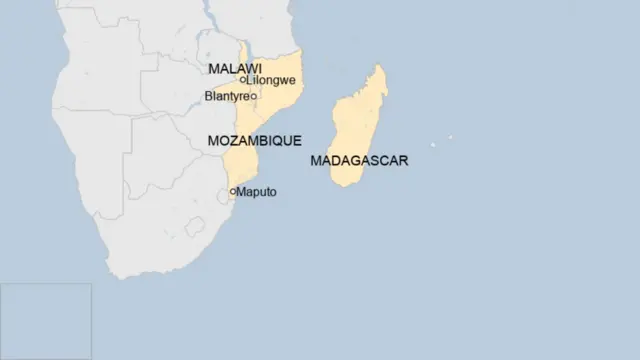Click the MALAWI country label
pyautogui.click(x=229, y=68)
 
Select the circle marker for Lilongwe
pyautogui.click(x=243, y=80)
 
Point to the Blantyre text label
pyautogui.click(x=226, y=96)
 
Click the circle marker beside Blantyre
pyautogui.click(x=254, y=96)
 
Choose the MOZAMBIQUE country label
pyautogui.click(x=254, y=142)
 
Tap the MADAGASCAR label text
pyautogui.click(x=359, y=160)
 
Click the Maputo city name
pyautogui.click(x=257, y=191)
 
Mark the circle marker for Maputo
pyautogui.click(x=233, y=191)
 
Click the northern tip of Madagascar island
pyautogui.click(x=379, y=67)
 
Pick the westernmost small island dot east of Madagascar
pyautogui.click(x=433, y=144)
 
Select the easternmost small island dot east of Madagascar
pyautogui.click(x=449, y=137)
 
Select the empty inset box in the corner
pyautogui.click(x=46, y=321)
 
